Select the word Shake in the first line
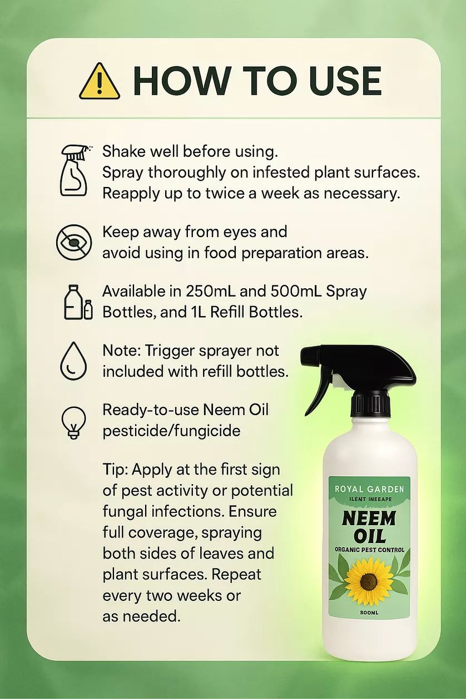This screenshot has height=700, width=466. pyautogui.click(x=121, y=151)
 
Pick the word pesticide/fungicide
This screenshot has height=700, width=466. pyautogui.click(x=171, y=431)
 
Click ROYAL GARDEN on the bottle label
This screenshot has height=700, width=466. pyautogui.click(x=369, y=489)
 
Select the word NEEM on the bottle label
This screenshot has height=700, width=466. pyautogui.click(x=369, y=519)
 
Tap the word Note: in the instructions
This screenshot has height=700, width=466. pyautogui.click(x=121, y=351)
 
